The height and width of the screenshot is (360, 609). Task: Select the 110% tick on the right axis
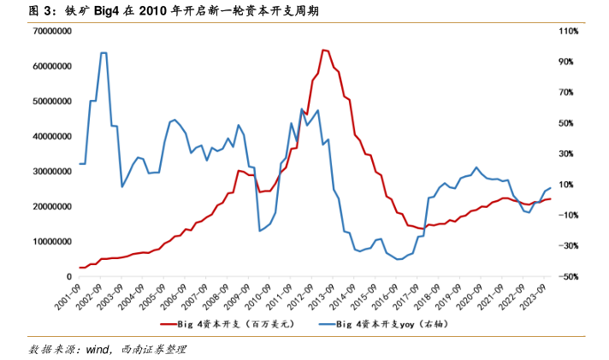click(569, 31)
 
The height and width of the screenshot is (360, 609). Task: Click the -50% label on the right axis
click(569, 276)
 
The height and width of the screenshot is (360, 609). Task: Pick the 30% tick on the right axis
click(569, 154)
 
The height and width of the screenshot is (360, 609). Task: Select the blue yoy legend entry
click(389, 325)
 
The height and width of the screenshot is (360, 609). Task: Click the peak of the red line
click(323, 50)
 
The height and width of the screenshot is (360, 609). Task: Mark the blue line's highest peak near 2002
click(103, 53)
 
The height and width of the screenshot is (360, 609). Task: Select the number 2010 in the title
click(141, 11)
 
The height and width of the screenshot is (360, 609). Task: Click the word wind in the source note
click(98, 349)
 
